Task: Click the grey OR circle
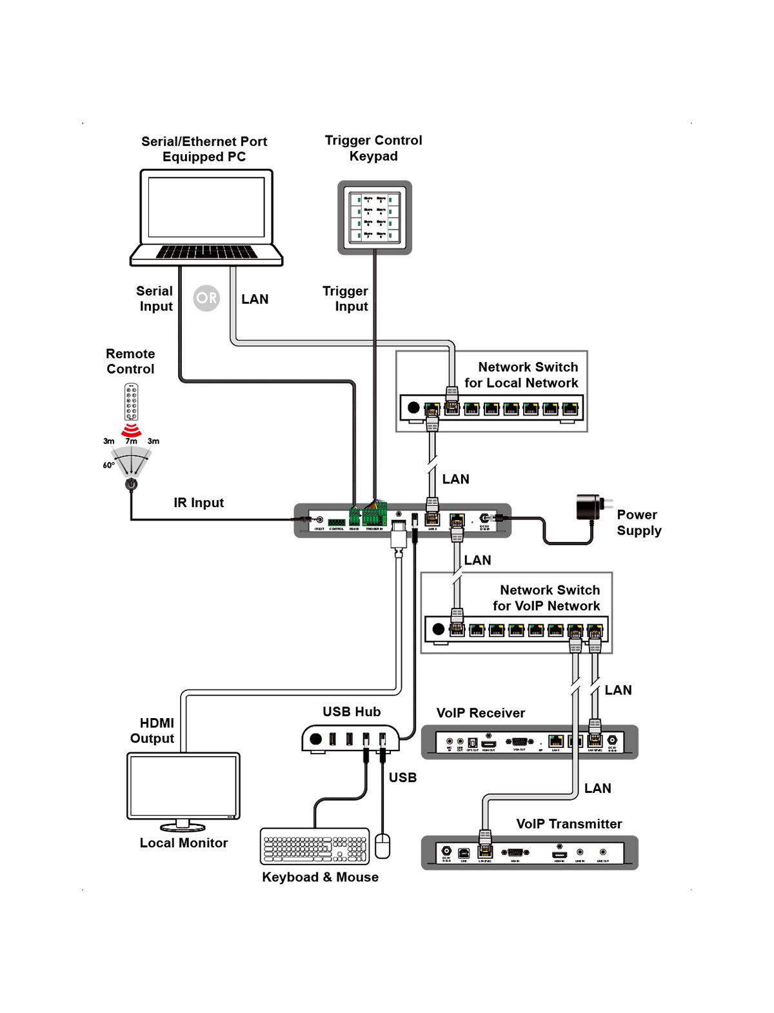coord(206,298)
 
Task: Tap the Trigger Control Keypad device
coord(375,217)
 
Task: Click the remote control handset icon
coord(132,401)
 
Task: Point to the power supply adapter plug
coord(590,508)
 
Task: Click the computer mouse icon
coord(382,845)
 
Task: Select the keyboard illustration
coord(315,846)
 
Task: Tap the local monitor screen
coord(184,785)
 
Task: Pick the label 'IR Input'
coord(199,503)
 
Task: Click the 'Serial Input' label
coord(155,299)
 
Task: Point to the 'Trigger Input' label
coord(346,299)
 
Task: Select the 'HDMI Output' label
coord(154,730)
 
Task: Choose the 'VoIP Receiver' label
coord(481,713)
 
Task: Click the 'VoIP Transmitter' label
coord(569,824)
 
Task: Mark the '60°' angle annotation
coord(108,465)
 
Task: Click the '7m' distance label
coord(131,441)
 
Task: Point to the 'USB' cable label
coord(402,777)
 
